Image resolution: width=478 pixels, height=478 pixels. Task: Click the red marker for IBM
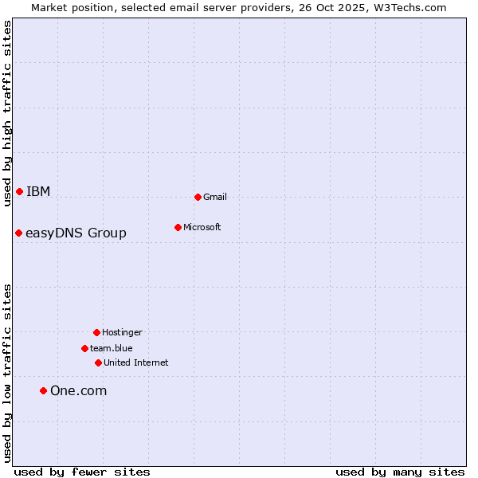[19, 191]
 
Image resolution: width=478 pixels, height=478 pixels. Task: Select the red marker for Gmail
[198, 197]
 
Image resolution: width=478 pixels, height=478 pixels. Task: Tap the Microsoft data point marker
[178, 227]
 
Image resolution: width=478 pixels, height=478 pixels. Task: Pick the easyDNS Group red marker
[18, 233]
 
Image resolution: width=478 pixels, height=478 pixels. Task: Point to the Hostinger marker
[96, 332]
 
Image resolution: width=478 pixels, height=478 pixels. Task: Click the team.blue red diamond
[84, 348]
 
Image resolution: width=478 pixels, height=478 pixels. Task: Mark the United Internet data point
[98, 362]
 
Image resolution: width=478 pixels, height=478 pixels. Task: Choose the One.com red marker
[43, 390]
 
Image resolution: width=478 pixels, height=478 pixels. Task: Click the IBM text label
[38, 191]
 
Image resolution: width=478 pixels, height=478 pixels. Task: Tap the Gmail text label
[215, 197]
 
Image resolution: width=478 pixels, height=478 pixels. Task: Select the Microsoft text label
[202, 227]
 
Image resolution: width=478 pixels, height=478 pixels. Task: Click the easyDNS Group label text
[76, 233]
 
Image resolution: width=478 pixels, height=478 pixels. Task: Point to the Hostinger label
[122, 332]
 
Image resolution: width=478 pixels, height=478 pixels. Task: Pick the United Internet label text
[135, 362]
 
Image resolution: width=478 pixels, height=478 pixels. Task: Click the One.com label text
[78, 390]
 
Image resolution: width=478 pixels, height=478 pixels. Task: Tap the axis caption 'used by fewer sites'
[82, 472]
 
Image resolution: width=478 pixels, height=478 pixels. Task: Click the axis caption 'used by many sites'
[400, 472]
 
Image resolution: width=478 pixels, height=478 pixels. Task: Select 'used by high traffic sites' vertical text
[7, 113]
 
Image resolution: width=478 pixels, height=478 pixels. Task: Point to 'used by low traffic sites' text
[7, 373]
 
